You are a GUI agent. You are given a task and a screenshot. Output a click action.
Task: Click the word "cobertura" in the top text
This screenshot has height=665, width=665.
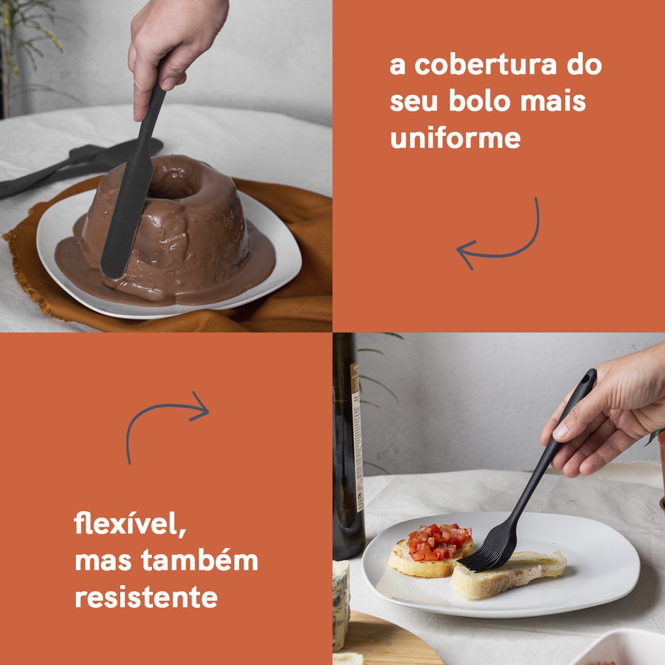486,64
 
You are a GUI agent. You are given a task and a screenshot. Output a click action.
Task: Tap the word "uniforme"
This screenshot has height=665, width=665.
455,138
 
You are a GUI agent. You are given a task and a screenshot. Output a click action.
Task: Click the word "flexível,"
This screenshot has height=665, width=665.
131,524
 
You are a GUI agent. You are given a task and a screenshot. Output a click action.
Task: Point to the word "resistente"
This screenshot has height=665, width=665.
146,597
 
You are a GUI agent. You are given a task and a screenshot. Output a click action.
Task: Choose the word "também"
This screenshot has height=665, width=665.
200,560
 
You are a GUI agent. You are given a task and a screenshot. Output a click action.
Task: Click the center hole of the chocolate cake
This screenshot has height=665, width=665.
174,186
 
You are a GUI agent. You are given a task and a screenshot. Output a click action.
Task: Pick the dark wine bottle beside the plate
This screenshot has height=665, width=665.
348,445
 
